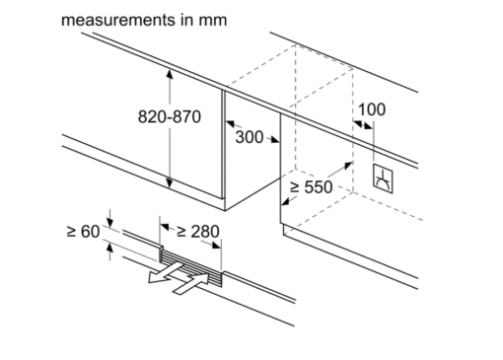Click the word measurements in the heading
[x=118, y=20]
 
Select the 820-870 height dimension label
[x=170, y=116]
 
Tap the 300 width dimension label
[x=250, y=137]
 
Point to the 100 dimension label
[x=372, y=109]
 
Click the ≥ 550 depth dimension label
[x=311, y=187]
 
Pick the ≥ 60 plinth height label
[x=83, y=231]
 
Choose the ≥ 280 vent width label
[x=198, y=232]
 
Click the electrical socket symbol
[x=383, y=179]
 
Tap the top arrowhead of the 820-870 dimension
[x=170, y=74]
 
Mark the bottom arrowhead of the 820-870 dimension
[x=170, y=183]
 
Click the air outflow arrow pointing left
[x=165, y=272]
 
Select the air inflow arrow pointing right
[x=190, y=284]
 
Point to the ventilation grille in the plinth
[x=190, y=266]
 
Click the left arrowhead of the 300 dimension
[x=230, y=124]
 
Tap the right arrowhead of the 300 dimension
[x=274, y=140]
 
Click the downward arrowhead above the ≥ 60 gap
[x=110, y=223]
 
